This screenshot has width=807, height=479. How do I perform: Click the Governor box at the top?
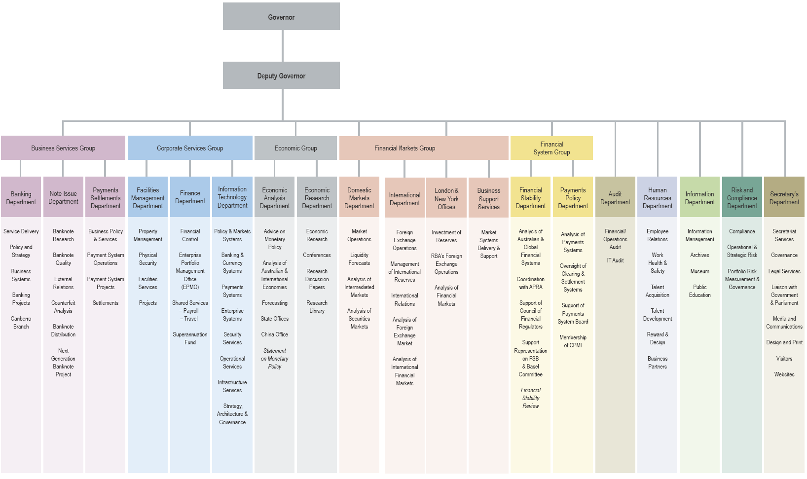pyautogui.click(x=281, y=17)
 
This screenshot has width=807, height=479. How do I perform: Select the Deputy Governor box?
pyautogui.click(x=281, y=75)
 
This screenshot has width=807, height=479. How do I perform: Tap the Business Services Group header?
pyautogui.click(x=63, y=148)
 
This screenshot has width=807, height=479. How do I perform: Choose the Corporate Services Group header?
pyautogui.click(x=190, y=148)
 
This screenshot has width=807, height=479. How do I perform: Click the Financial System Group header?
pyautogui.click(x=551, y=148)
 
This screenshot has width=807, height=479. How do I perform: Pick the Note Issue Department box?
pyautogui.click(x=63, y=197)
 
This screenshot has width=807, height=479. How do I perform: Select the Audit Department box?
pyautogui.click(x=615, y=197)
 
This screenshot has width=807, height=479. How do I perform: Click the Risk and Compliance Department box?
pyautogui.click(x=742, y=197)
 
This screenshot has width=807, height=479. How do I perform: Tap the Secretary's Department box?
pyautogui.click(x=784, y=197)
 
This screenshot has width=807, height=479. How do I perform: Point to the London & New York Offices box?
pyautogui.click(x=446, y=198)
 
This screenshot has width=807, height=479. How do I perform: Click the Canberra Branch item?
pyautogui.click(x=21, y=323)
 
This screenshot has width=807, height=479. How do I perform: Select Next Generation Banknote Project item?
pyautogui.click(x=63, y=363)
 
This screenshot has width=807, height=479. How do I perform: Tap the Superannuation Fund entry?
pyautogui.click(x=190, y=338)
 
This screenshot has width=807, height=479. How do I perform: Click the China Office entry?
pyautogui.click(x=275, y=334)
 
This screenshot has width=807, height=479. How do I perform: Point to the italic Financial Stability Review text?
pyautogui.click(x=531, y=398)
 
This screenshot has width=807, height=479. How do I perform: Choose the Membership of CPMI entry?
pyautogui.click(x=573, y=341)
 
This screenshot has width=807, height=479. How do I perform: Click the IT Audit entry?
pyautogui.click(x=615, y=260)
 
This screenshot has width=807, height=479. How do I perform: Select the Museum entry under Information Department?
pyautogui.click(x=699, y=271)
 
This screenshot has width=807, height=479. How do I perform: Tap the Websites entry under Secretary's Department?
pyautogui.click(x=784, y=374)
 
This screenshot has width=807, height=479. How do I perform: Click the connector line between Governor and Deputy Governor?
pyautogui.click(x=283, y=45)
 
